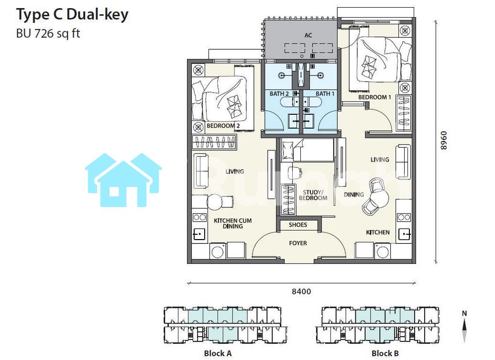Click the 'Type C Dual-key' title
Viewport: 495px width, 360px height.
pos(72,14)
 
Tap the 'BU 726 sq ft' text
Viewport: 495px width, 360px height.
pos(48,33)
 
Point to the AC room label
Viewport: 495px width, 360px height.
pos(308,35)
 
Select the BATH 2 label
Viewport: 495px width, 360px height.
pos(279,94)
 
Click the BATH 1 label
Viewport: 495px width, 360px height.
pos(325,94)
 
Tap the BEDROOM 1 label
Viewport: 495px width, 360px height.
pos(374,97)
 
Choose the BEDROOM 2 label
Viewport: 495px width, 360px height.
pos(223,126)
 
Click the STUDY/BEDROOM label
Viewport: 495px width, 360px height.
pos(313,195)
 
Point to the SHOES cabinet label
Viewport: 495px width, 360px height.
pos(297,225)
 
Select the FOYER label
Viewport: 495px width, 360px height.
pos(297,243)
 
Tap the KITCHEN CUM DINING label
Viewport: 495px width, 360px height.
pos(232,223)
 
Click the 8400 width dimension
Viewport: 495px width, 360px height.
pos(301,291)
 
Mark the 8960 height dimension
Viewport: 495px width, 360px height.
pos(443,141)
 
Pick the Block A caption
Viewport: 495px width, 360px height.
pos(218,353)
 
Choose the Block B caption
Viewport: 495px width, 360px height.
pos(385,353)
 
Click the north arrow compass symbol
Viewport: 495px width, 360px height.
pos(464,327)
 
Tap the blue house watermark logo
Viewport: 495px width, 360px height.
pos(123,180)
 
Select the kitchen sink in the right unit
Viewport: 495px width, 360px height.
pos(405,234)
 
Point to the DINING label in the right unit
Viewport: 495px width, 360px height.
pos(353,195)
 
